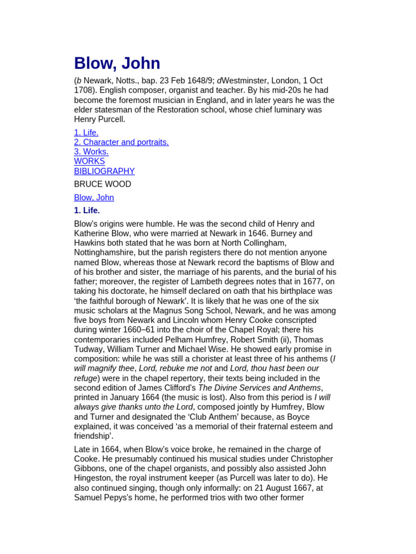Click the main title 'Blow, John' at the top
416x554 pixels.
[117, 63]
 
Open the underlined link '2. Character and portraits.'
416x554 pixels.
[121, 142]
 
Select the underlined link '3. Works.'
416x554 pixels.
[91, 152]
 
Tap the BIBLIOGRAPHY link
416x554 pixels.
[104, 171]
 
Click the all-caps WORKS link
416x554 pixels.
[89, 161]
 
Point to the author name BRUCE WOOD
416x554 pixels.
[102, 184]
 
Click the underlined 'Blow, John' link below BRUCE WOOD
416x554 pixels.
[94, 197]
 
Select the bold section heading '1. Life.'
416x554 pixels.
[87, 210]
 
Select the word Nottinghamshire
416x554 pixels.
[108, 253]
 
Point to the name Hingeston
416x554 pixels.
[96, 478]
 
